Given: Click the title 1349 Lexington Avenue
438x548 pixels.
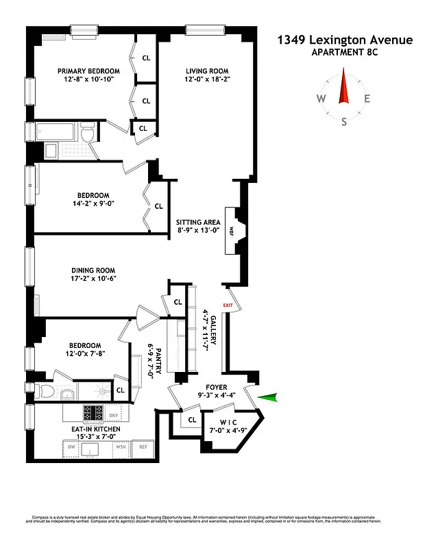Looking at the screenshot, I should pos(345,40).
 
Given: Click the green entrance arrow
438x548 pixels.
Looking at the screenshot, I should pos(269,396).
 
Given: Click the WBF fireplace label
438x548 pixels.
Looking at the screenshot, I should pos(230,229).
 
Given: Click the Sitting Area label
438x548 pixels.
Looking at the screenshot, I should pos(197,222).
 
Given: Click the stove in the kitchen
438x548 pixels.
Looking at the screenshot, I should pos(93,413).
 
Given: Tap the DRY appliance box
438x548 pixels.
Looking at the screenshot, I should pos(114,414).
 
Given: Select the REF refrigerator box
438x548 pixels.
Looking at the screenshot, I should pos(144,447).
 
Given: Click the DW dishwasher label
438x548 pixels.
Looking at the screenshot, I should pos(72,447).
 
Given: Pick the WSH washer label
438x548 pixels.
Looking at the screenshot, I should pos(121,447).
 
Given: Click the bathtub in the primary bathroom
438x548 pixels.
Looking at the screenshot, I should pos(58,132).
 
